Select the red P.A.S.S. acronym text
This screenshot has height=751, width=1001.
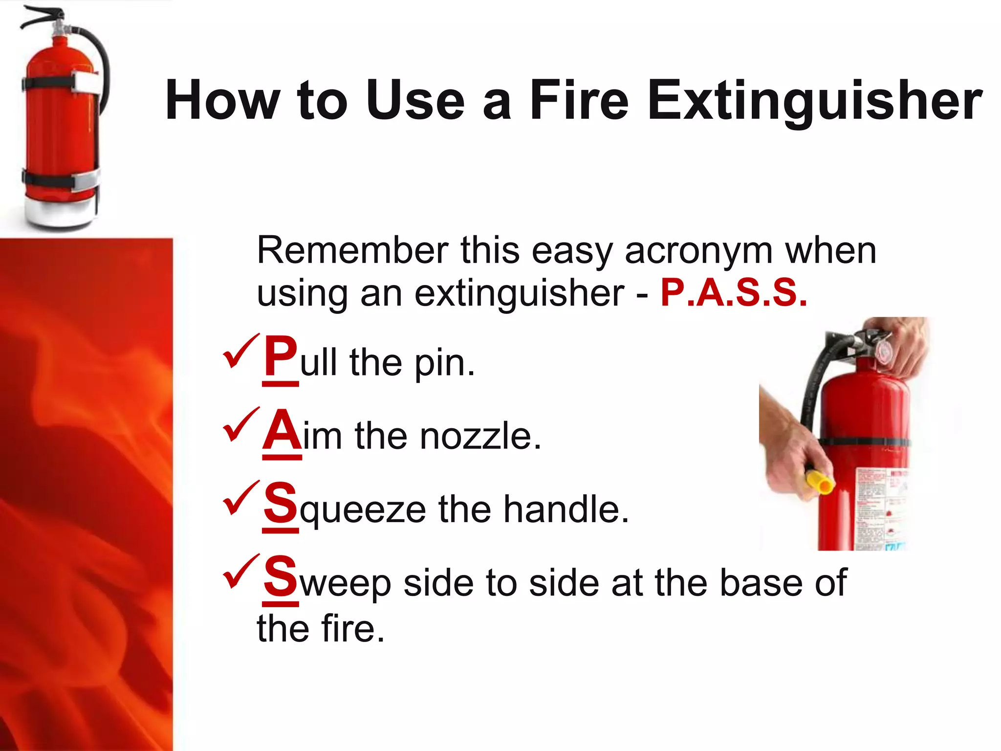coord(733,293)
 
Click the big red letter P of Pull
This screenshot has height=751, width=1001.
coord(280,356)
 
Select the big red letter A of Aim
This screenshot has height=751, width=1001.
coord(282,430)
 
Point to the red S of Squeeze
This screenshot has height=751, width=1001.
coord(280,503)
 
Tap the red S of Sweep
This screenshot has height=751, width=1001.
coord(280,576)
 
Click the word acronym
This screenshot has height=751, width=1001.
coord(698,251)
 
